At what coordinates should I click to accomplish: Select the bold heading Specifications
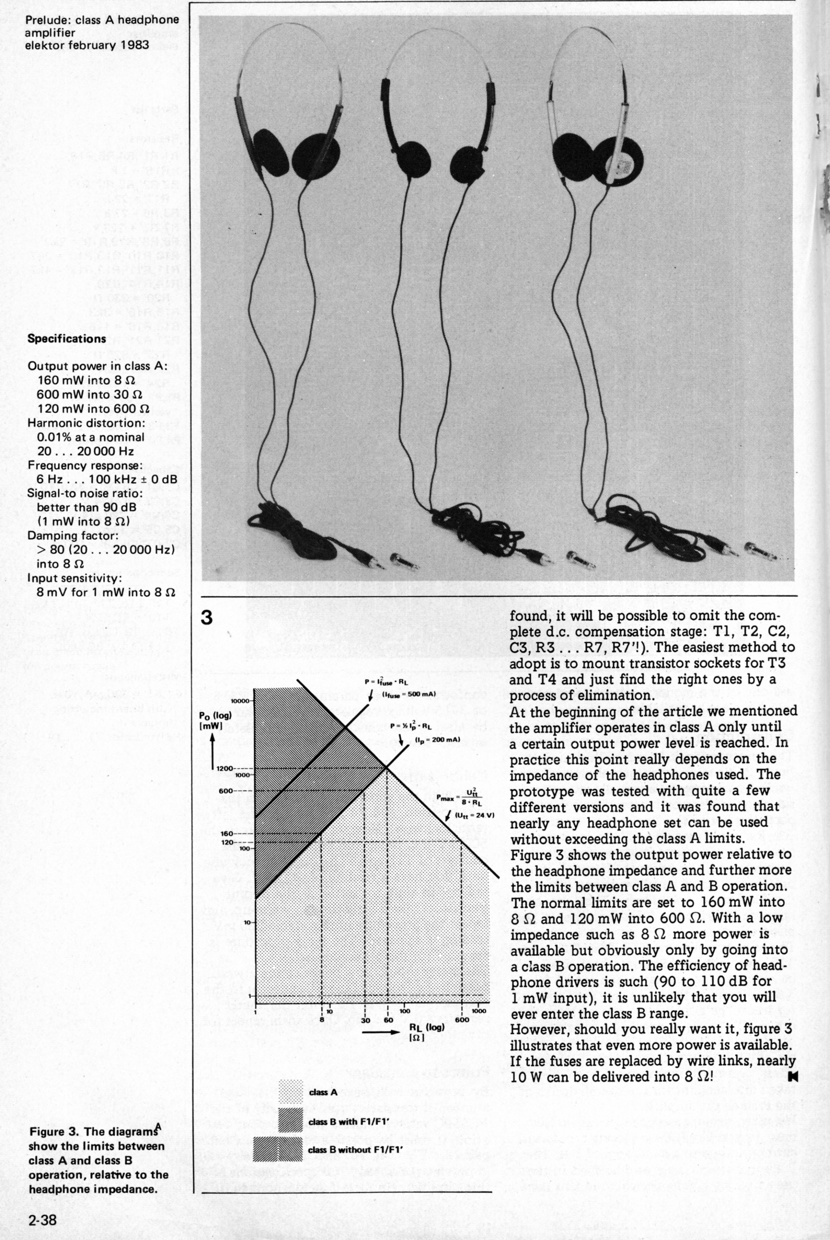click(67, 338)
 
